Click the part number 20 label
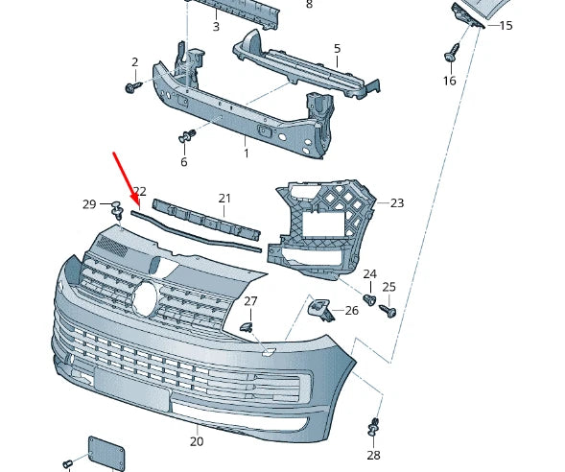click(x=197, y=441)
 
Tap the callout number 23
click(x=397, y=203)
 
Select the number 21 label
click(x=224, y=199)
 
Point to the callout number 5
click(x=337, y=48)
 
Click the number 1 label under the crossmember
click(x=246, y=153)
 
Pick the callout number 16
click(x=449, y=82)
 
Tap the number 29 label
click(x=89, y=204)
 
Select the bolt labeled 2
click(x=131, y=87)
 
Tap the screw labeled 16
click(x=450, y=56)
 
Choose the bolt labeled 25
click(x=388, y=310)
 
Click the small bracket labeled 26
click(x=318, y=309)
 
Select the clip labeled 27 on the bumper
click(x=246, y=327)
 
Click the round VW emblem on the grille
click(x=145, y=296)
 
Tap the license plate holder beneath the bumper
click(x=106, y=454)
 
